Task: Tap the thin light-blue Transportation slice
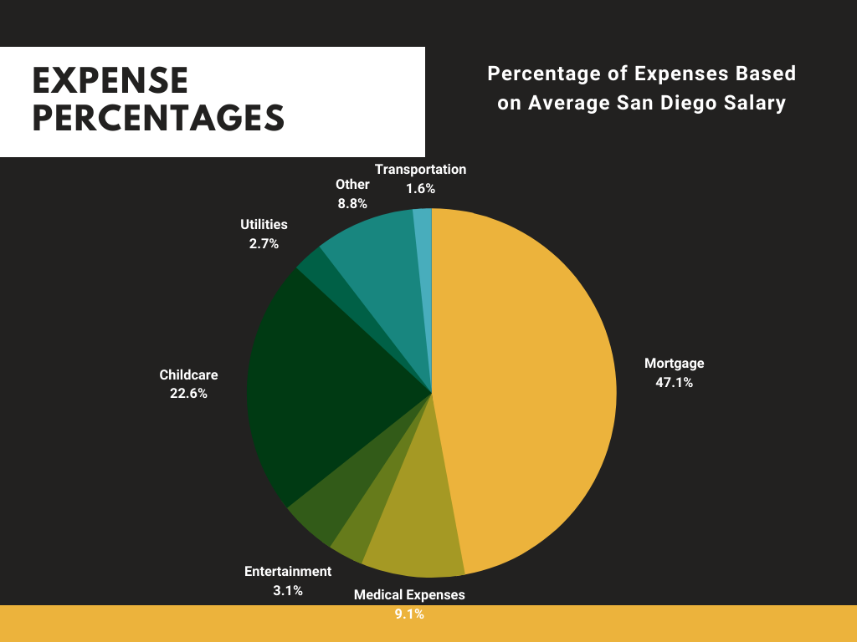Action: (423, 251)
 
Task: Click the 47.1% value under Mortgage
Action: (674, 384)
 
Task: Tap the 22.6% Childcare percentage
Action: (188, 394)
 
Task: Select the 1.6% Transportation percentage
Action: (420, 189)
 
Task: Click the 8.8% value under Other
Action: (352, 202)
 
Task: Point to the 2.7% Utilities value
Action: (264, 244)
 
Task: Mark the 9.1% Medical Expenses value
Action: (408, 614)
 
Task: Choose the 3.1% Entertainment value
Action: (287, 590)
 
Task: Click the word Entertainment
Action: (288, 572)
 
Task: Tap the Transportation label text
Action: (420, 170)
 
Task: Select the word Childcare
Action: (188, 375)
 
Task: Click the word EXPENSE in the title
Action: (110, 81)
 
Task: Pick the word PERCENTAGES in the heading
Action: (158, 118)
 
